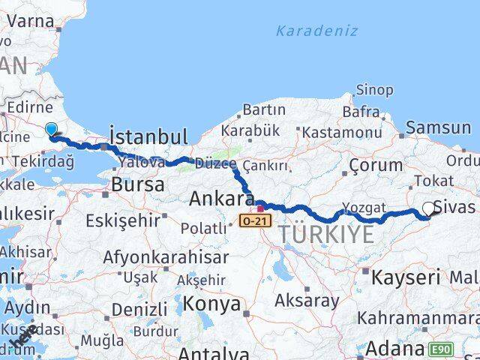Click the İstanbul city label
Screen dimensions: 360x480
pos(148,136)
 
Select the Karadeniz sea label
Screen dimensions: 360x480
pos(316,31)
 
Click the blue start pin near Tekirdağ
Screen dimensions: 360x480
pos(51,130)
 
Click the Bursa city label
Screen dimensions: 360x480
pos(137,184)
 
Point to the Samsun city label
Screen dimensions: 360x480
pos(439,128)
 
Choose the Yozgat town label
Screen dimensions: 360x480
pos(364,208)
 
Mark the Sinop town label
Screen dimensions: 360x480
pos(374,90)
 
